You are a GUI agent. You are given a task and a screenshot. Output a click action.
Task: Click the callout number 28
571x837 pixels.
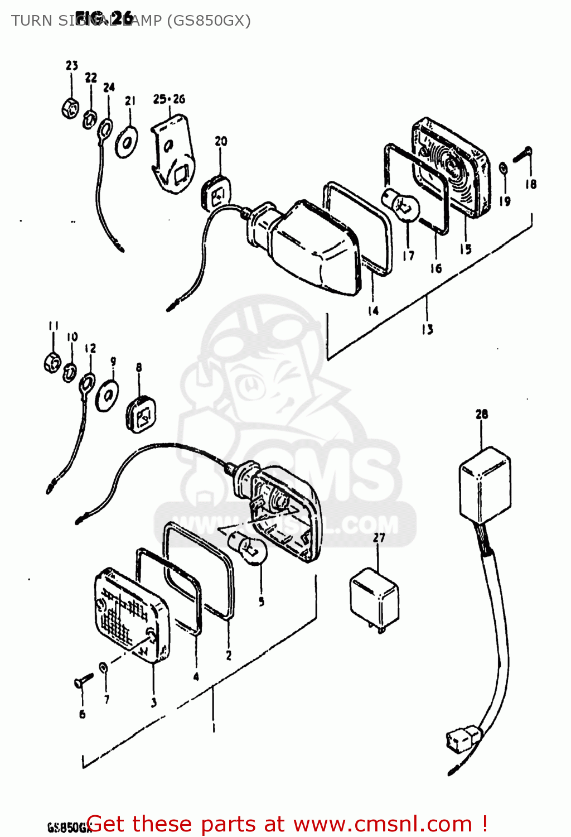tap(482, 414)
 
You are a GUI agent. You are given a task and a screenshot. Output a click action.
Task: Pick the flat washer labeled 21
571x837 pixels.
tap(127, 142)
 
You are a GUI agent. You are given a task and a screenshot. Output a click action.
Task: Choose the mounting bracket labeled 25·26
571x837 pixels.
tap(174, 154)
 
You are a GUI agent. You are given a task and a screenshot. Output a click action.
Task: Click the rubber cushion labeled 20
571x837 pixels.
tap(215, 193)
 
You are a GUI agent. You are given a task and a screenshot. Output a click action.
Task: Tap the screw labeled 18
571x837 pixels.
tap(522, 155)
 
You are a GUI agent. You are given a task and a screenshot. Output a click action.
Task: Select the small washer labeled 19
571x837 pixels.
tap(503, 168)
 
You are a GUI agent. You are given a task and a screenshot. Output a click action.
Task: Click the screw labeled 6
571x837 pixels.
tap(81, 682)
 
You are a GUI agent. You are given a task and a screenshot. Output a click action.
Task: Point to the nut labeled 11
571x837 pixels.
tap(52, 363)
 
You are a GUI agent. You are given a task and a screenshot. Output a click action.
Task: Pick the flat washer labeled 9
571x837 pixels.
tap(107, 396)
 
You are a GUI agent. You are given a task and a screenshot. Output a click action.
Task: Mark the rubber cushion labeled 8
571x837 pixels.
tap(142, 413)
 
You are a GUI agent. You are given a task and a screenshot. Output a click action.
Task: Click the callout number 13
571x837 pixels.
tap(427, 329)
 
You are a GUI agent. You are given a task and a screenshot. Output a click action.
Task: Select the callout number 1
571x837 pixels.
tap(214, 728)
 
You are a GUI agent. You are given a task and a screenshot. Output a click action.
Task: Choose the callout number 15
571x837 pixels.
tap(465, 249)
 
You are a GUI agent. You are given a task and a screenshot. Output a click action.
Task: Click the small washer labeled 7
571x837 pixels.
tap(103, 667)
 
